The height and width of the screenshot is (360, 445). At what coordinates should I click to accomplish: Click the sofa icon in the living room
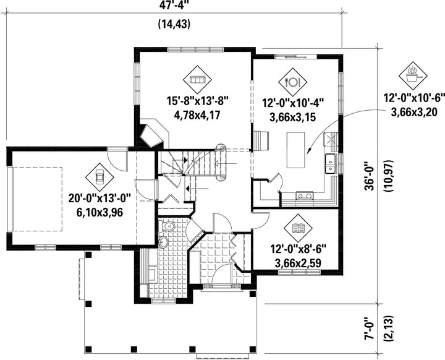coord(197,80)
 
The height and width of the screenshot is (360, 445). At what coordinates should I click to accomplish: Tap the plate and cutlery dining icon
coord(292,82)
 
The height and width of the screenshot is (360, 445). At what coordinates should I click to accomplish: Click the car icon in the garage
coord(100,178)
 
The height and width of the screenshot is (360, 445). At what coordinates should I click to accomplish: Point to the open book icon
coord(298,228)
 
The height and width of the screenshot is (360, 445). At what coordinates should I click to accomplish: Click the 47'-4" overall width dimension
coord(174,6)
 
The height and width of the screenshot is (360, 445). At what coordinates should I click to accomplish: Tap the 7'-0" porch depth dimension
coord(370,328)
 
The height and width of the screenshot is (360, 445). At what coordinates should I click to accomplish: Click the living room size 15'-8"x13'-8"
coord(198,101)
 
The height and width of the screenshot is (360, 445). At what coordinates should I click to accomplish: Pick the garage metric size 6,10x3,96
coord(100,212)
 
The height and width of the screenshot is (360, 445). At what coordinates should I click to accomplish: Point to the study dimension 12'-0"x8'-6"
coord(298,250)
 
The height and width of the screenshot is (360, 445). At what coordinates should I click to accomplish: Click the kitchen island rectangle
coord(295,150)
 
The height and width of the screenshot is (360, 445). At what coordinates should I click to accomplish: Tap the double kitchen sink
coord(330,163)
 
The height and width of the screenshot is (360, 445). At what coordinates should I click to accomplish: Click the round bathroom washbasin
coord(163,242)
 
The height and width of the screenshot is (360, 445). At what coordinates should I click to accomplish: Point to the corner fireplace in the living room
coord(152,135)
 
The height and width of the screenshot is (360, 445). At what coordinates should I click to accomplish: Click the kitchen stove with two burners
coord(305,195)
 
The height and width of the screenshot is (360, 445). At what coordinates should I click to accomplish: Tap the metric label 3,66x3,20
coord(414,112)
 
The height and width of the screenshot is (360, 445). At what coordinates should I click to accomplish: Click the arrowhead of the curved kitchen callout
coord(310,151)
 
